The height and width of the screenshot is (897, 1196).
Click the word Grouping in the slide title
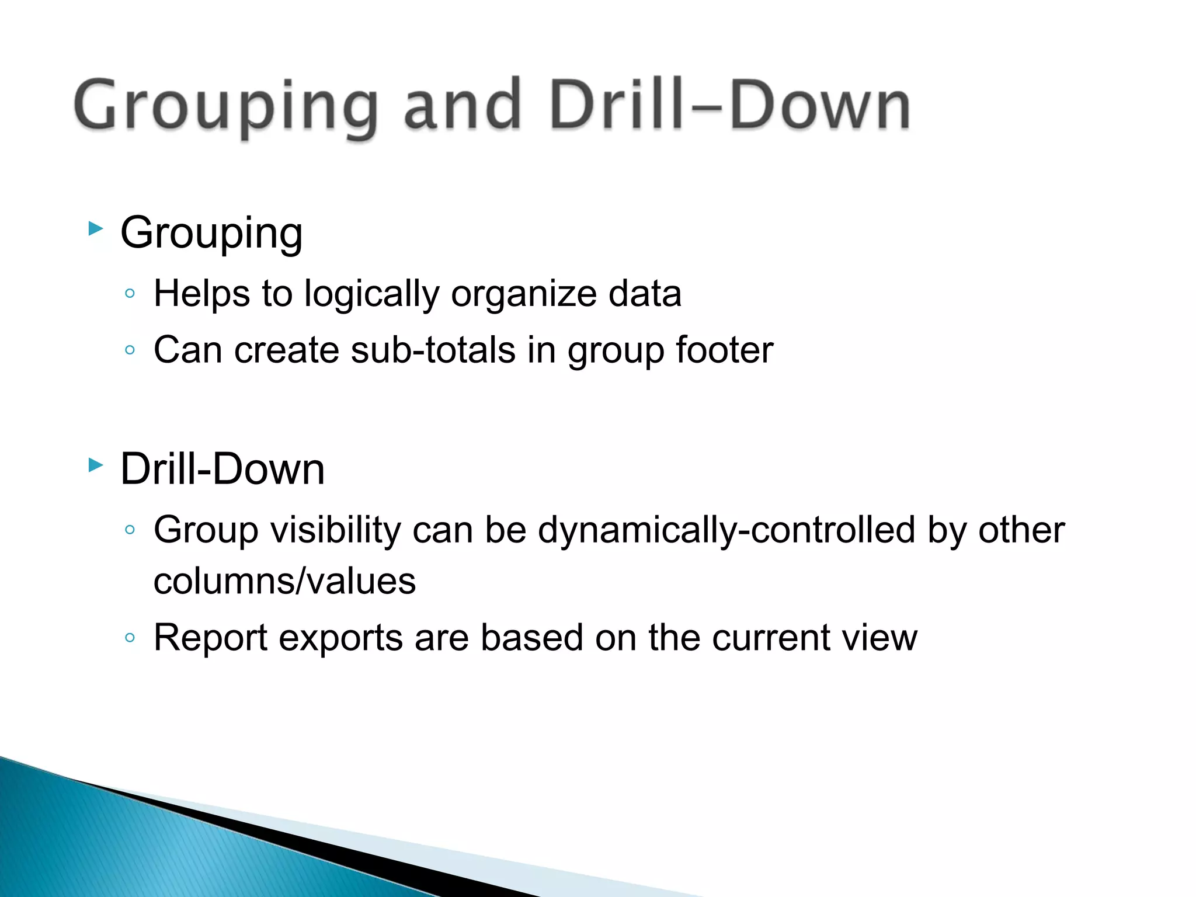tap(225, 106)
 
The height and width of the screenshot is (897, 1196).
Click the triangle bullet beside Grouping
tap(96, 228)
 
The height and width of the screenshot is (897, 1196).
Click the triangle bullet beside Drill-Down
tap(96, 465)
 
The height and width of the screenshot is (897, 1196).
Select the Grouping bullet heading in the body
tap(211, 233)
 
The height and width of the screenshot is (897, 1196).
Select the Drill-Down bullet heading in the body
tap(222, 470)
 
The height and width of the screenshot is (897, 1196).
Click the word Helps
tap(201, 293)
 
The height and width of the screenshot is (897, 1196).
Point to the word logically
tap(371, 294)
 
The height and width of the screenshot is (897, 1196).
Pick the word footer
tap(724, 350)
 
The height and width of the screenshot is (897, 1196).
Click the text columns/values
tap(284, 582)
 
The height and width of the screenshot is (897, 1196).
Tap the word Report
tap(210, 638)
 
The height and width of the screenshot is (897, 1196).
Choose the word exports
tap(340, 638)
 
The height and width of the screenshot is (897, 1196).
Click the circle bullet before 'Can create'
tap(130, 350)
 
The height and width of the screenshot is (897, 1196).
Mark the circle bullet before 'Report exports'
tap(130, 638)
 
